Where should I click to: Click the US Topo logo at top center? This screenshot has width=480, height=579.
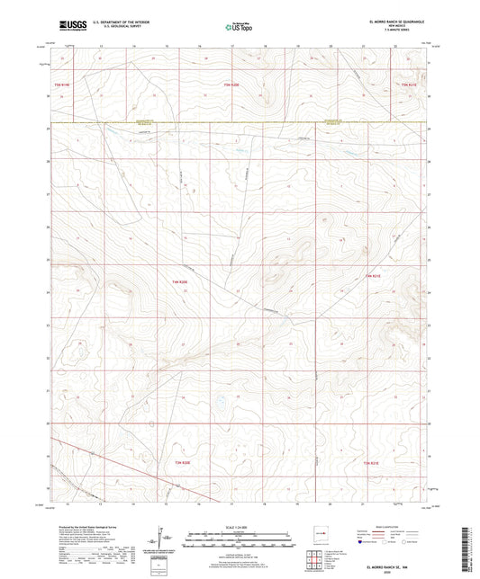[x=239, y=24]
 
